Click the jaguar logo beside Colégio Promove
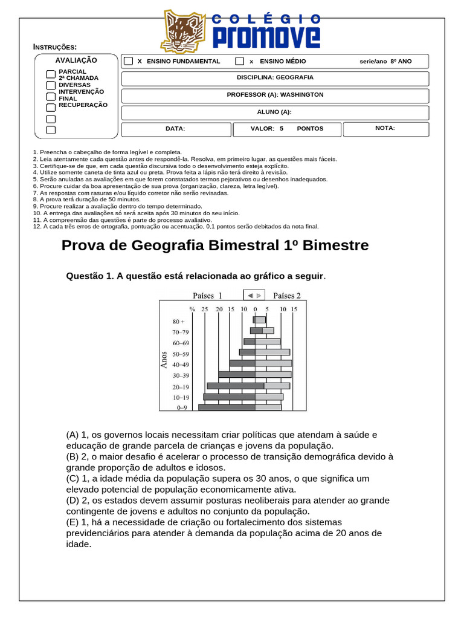tap(184, 32)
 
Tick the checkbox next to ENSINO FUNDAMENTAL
tap(128, 61)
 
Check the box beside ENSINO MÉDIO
tap(240, 61)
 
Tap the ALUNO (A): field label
tap(274, 112)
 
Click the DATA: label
tap(175, 129)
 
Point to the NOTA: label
tap(385, 128)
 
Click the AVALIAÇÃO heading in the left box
tap(76, 60)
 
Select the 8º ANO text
tap(401, 62)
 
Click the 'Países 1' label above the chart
tap(207, 296)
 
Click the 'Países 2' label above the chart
tap(287, 296)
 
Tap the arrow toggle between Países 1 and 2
tap(254, 296)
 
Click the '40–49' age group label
tap(181, 365)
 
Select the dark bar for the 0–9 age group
tap(227, 407)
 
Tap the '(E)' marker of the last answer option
tap(72, 522)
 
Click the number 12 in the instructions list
tap(37, 227)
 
